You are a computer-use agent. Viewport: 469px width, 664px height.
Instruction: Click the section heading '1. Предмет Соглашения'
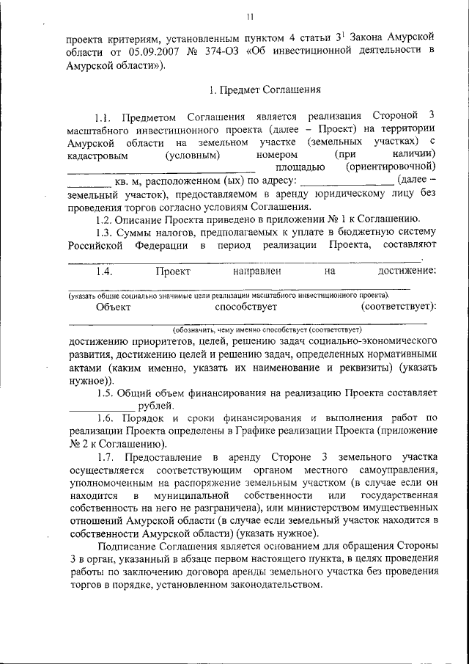coord(265,92)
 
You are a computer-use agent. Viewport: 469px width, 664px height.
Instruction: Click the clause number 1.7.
coord(106,456)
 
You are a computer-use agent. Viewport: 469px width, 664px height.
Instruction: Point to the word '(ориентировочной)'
coord(396,167)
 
